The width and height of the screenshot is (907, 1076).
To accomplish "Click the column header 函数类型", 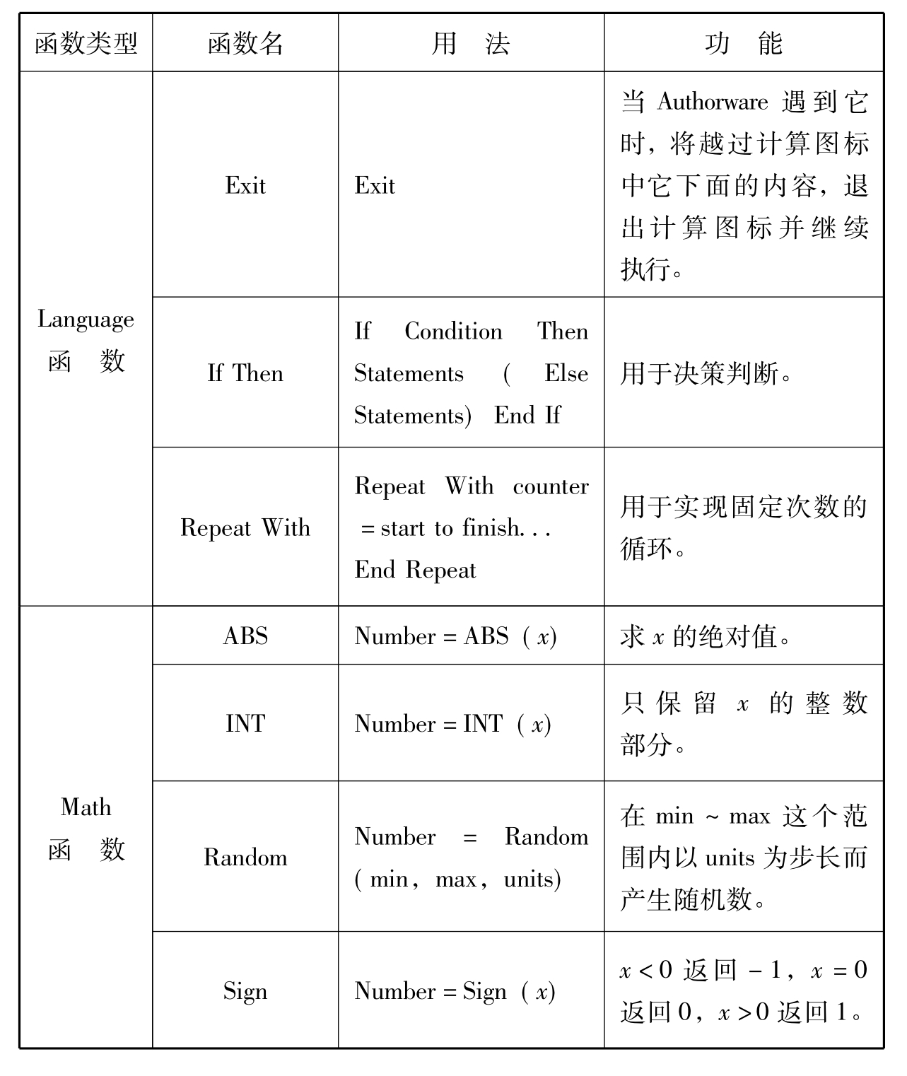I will (x=86, y=44).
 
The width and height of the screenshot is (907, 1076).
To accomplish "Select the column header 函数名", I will (x=245, y=44).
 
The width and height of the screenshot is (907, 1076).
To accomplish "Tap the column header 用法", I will (x=470, y=44).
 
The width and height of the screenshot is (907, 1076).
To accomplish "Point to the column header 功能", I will (x=743, y=44).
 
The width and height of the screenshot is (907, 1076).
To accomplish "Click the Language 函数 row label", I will (x=86, y=339).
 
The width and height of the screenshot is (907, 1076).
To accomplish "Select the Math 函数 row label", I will (x=86, y=827).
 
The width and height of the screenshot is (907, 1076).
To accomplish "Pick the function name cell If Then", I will (x=245, y=373).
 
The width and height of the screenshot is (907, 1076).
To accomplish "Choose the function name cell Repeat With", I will (x=245, y=527).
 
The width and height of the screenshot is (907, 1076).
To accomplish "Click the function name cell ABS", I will (x=245, y=636).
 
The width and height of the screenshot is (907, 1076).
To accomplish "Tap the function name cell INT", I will (x=245, y=723).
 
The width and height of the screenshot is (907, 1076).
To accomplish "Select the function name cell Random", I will (x=245, y=857).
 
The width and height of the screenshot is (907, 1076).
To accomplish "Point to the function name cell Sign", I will (x=245, y=990).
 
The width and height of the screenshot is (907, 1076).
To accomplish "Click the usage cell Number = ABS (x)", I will (x=455, y=636).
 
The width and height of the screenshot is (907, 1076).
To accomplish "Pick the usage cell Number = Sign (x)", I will (x=455, y=991).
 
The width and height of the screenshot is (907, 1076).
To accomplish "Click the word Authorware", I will (x=712, y=102).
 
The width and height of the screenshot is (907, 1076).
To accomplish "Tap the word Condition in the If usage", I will (x=453, y=331).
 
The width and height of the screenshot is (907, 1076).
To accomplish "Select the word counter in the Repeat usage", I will (x=550, y=486).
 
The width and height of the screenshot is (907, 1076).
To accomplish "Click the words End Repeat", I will (x=415, y=570).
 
